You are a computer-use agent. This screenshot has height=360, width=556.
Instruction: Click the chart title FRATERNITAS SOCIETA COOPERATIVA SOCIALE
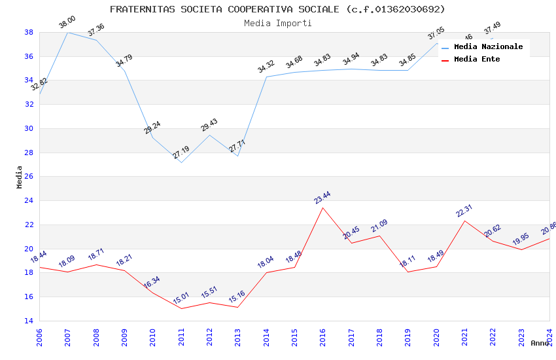277,9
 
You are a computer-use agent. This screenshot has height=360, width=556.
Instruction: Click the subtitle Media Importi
277,23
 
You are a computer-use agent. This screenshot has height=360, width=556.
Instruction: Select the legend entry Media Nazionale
488,47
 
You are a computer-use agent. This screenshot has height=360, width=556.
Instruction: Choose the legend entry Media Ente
477,59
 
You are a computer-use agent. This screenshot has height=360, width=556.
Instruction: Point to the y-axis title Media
20,177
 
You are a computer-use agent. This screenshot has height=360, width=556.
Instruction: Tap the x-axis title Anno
540,343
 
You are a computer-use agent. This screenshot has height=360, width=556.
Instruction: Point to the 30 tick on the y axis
29,128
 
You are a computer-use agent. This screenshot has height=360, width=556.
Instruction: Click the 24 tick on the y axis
29,201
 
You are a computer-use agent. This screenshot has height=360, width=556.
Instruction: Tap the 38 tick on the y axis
29,32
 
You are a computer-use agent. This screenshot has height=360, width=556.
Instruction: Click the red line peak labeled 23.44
322,207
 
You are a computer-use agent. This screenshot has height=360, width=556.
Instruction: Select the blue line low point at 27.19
181,162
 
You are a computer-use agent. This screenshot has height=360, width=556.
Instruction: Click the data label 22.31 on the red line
464,210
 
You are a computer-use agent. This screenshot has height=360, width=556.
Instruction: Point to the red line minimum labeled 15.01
181,308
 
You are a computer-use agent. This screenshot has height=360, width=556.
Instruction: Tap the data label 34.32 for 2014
266,66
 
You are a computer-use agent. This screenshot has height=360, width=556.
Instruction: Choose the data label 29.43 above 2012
209,125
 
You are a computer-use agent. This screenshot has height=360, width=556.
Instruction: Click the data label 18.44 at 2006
39,256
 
